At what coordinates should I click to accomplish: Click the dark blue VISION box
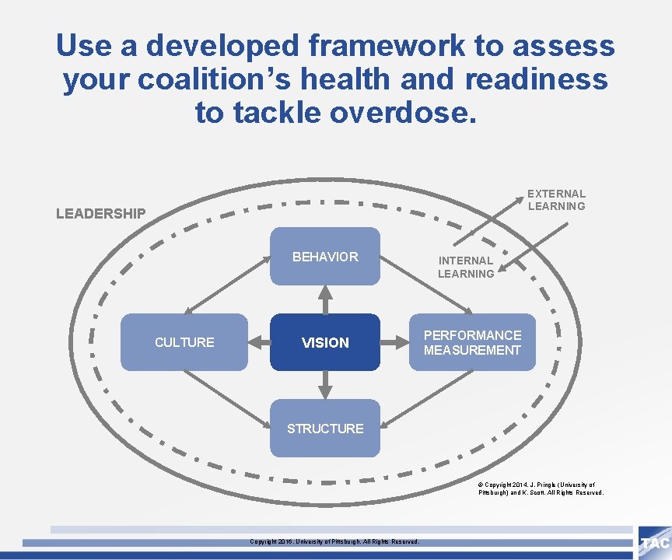click(x=325, y=342)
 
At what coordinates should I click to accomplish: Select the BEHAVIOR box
click(x=325, y=257)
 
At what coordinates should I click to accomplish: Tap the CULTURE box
click(x=184, y=342)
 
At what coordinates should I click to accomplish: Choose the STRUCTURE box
click(x=325, y=429)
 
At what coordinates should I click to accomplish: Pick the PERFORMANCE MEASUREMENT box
click(x=472, y=342)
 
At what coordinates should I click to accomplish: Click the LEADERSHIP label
click(x=100, y=213)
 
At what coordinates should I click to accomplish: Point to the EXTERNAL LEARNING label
click(x=556, y=200)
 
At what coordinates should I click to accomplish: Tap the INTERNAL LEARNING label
click(x=465, y=267)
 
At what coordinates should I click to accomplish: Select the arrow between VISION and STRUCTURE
click(x=325, y=385)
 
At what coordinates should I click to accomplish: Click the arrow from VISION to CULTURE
click(x=259, y=342)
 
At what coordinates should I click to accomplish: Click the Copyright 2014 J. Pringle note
click(x=541, y=488)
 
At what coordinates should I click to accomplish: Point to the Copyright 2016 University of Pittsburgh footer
click(x=334, y=541)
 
